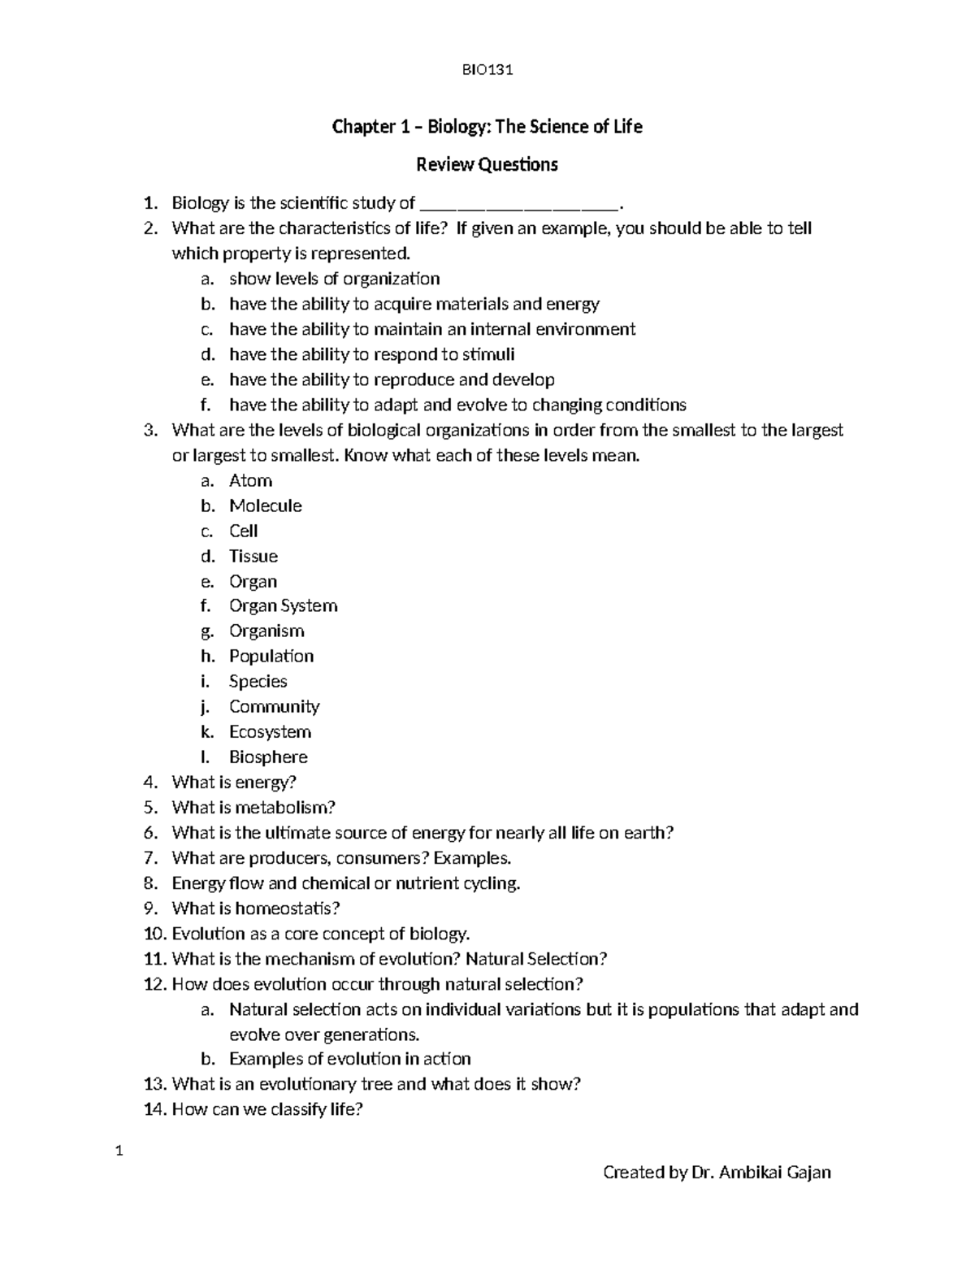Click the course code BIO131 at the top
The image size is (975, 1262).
click(487, 70)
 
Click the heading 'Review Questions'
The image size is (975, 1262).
click(487, 165)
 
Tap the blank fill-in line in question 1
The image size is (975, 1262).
click(520, 205)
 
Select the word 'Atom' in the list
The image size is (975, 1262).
click(250, 480)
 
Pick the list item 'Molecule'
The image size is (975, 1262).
click(265, 505)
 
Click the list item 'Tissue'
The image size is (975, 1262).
click(253, 556)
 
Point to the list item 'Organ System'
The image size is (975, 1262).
click(283, 605)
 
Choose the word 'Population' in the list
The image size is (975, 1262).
click(271, 656)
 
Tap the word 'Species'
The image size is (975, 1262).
click(258, 681)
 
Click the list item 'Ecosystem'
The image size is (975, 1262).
click(270, 731)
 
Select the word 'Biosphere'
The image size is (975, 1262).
click(268, 757)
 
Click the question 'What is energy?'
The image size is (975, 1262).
click(234, 782)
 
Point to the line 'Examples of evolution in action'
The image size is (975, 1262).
click(349, 1059)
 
